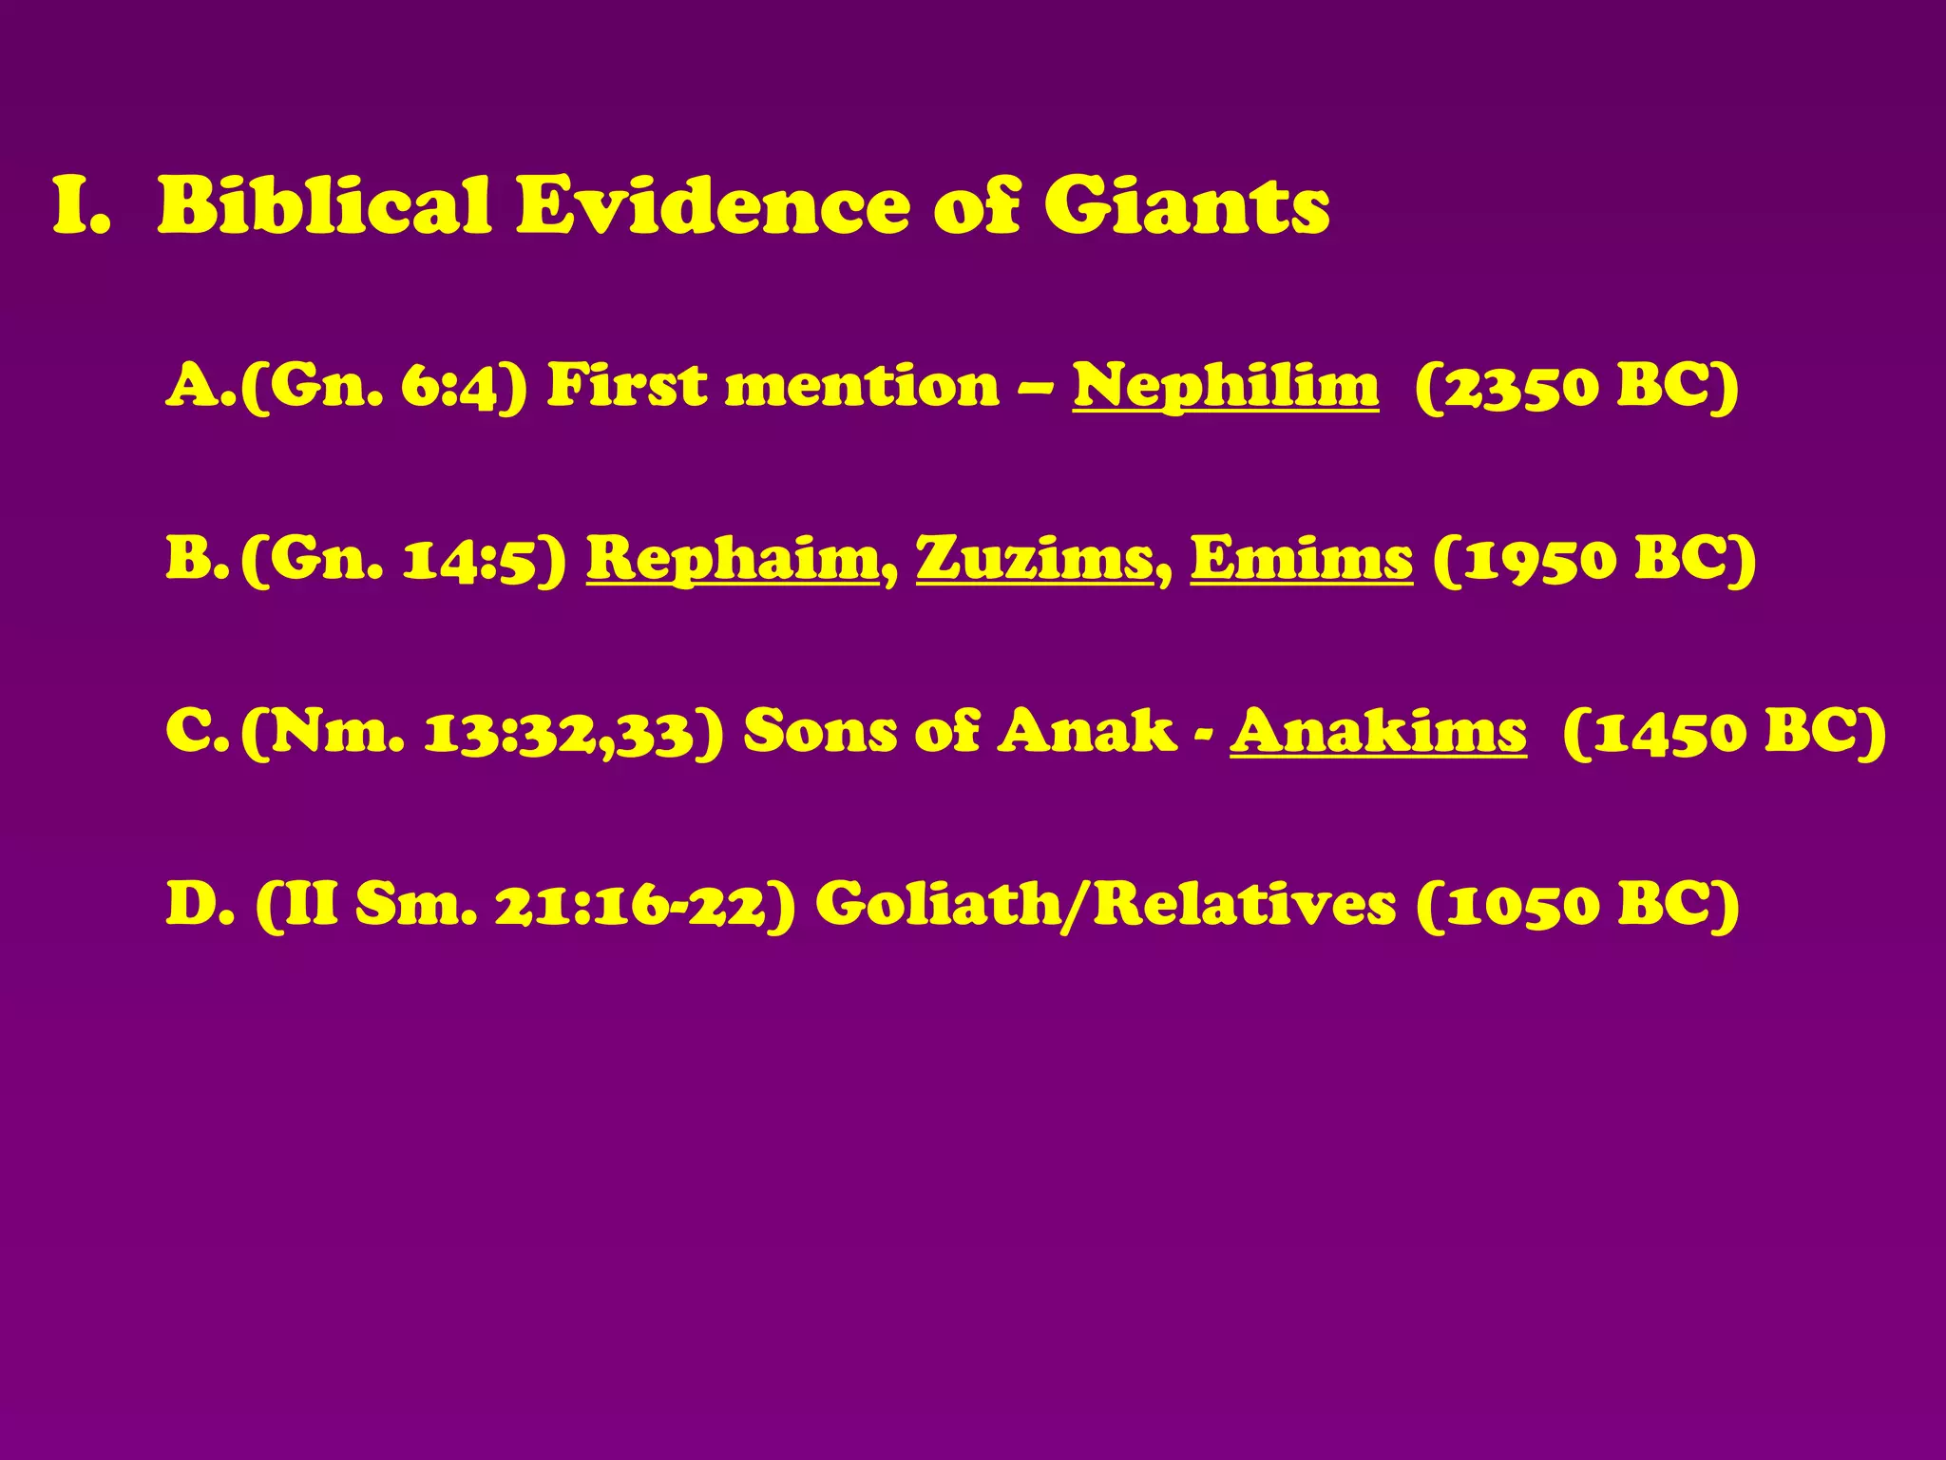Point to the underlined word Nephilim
[x=1226, y=387]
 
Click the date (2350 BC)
[x=1576, y=387]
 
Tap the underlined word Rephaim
[x=734, y=559]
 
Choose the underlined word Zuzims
[x=1035, y=559]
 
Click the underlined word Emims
[x=1301, y=559]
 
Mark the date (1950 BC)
[x=1594, y=559]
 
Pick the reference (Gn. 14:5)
[x=404, y=559]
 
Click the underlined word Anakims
[x=1378, y=732]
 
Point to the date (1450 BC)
[x=1724, y=732]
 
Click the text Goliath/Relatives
[x=1105, y=904]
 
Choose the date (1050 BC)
[x=1576, y=904]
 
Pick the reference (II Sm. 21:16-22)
[x=525, y=904]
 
